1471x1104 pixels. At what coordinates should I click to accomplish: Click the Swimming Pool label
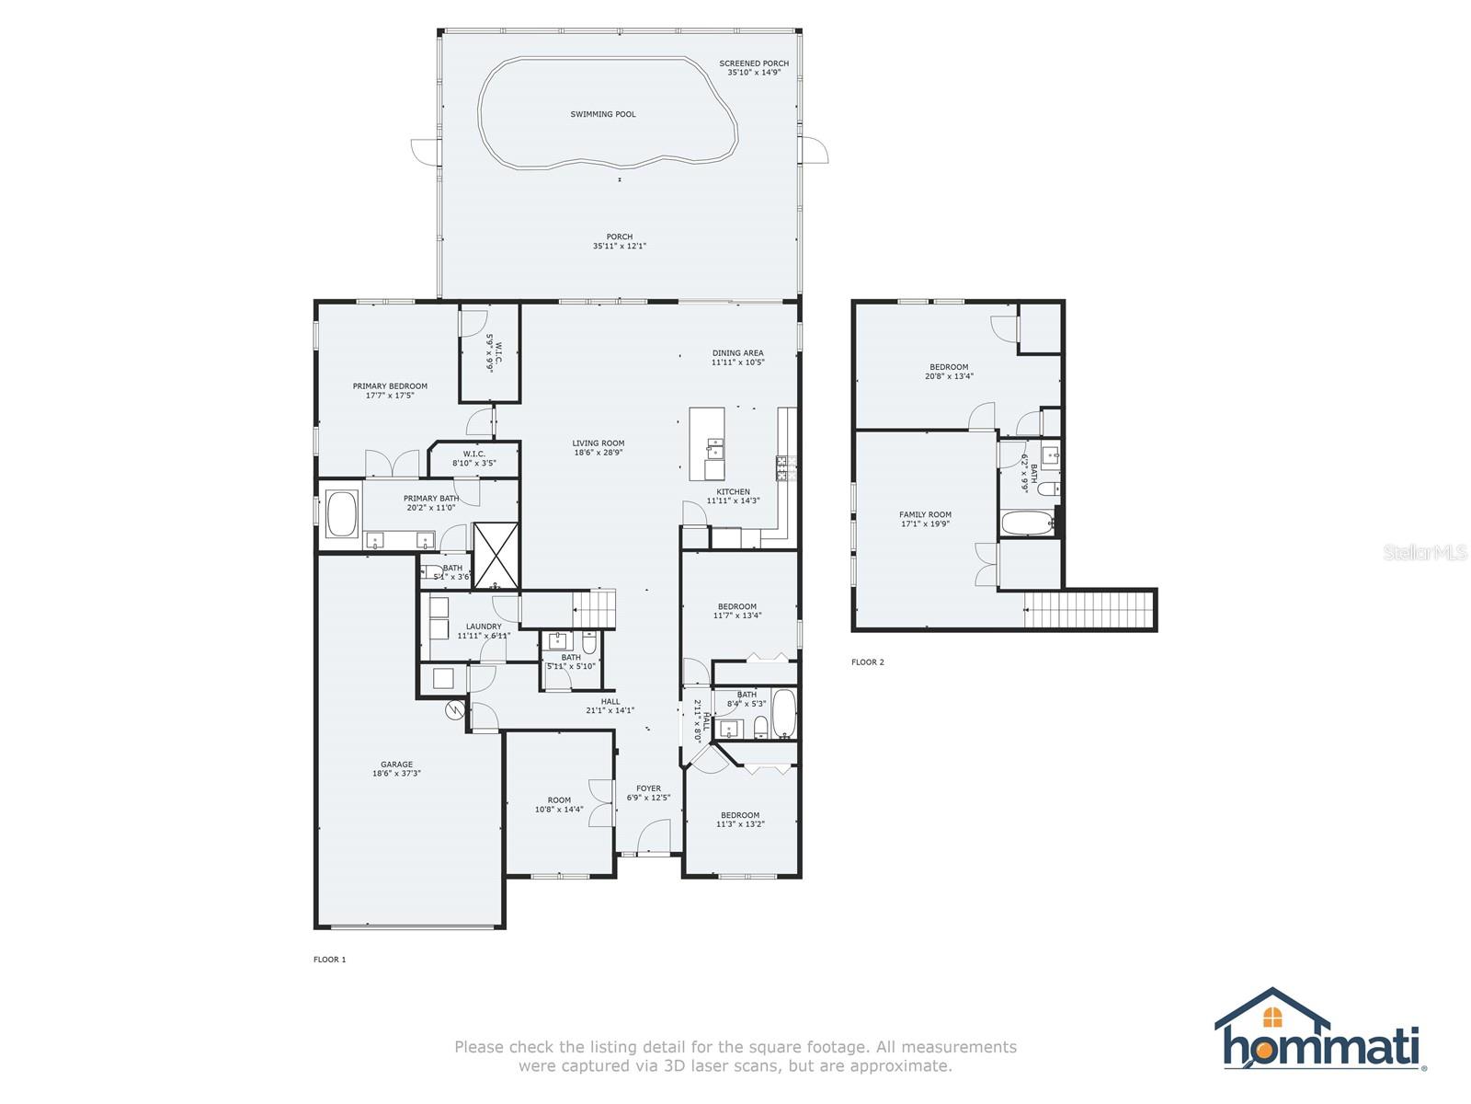(603, 114)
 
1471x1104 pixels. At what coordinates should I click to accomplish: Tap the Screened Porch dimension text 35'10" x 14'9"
(754, 72)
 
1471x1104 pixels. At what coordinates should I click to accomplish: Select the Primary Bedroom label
(390, 386)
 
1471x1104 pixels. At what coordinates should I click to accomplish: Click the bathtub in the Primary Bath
(342, 515)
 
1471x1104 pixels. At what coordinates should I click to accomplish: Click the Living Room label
(599, 443)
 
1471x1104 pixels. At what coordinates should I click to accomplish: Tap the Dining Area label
(737, 353)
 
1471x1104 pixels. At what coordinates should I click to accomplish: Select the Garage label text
(397, 765)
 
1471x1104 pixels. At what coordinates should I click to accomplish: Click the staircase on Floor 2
(1089, 610)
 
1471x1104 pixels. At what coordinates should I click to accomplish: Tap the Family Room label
(925, 515)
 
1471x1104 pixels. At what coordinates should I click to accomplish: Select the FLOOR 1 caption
(329, 960)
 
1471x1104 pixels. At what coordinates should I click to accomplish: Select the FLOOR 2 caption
(867, 662)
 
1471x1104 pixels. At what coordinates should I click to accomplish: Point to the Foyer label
(648, 788)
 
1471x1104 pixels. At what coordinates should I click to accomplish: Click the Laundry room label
(484, 627)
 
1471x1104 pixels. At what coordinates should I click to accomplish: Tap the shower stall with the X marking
(496, 555)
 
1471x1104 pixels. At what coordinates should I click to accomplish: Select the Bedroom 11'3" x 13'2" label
(740, 815)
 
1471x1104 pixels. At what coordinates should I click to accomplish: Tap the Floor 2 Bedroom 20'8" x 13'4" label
(949, 367)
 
